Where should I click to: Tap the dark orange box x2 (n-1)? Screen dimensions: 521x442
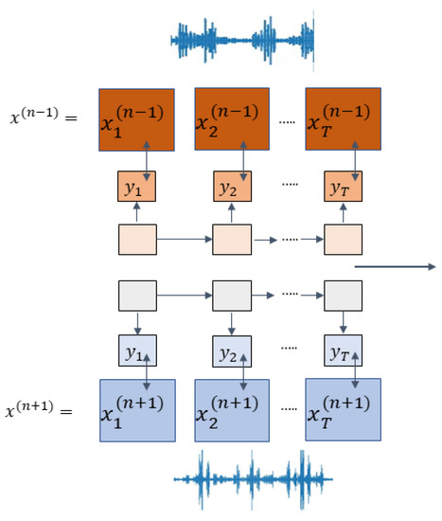click(x=231, y=120)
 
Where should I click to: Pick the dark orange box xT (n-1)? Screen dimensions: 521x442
click(x=342, y=120)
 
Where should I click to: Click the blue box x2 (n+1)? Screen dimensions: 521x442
click(x=231, y=410)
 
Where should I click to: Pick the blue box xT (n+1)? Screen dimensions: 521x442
click(x=342, y=410)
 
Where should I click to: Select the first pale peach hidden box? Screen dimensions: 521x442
click(x=136, y=241)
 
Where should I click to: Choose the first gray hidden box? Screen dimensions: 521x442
click(x=136, y=296)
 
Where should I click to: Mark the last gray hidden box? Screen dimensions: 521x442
click(x=342, y=296)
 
